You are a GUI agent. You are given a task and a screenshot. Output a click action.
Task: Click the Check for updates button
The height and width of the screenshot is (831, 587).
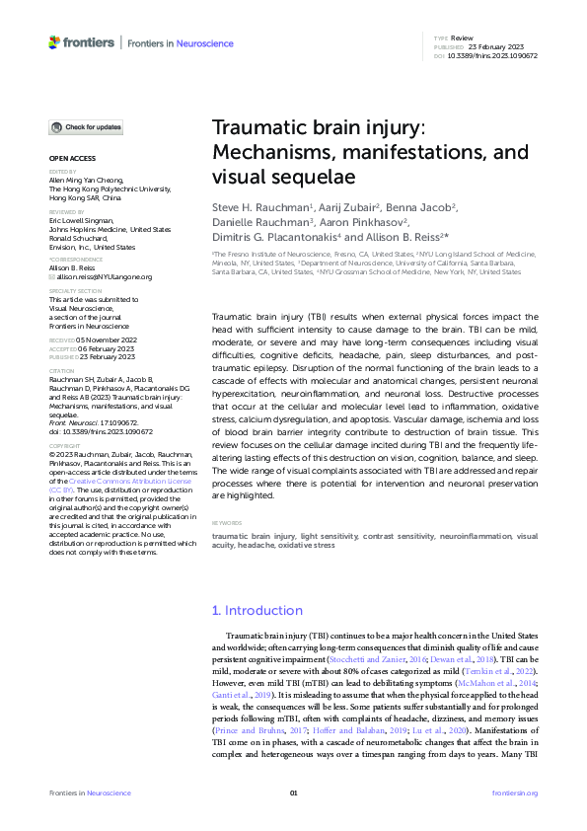click(87, 127)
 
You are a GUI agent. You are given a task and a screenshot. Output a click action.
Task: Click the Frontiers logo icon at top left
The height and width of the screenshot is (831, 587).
click(54, 42)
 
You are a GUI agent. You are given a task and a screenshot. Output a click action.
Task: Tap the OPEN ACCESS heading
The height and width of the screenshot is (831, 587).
click(71, 159)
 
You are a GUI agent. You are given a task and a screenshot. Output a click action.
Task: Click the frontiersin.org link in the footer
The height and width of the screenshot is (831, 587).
click(514, 793)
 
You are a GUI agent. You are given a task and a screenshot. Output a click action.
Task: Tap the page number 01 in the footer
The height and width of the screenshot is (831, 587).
click(293, 793)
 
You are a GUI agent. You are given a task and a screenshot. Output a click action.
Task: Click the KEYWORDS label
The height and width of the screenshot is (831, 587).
click(228, 523)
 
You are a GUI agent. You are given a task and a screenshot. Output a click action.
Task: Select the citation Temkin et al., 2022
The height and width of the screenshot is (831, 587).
click(501, 656)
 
